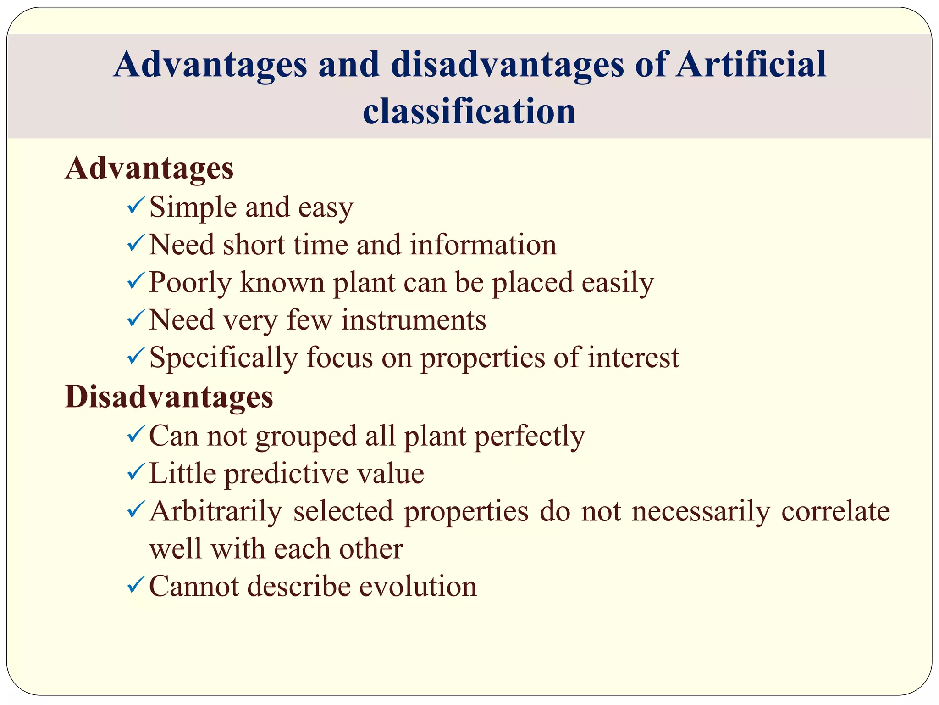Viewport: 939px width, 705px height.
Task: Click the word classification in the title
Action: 469,112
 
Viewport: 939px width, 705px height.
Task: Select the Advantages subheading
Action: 149,168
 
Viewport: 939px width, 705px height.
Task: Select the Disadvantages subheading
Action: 169,397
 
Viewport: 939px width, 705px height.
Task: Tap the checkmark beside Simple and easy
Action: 136,205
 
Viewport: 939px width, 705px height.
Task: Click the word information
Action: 483,245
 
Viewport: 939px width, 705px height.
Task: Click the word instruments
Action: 414,320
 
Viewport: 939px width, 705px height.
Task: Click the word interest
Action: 633,358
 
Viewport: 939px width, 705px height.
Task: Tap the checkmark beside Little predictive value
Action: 136,472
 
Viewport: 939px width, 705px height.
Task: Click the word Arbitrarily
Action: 215,512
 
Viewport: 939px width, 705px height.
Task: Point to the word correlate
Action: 835,512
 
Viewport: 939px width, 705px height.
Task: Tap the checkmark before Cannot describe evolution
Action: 136,585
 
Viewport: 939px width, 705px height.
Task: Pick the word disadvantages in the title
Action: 508,64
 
